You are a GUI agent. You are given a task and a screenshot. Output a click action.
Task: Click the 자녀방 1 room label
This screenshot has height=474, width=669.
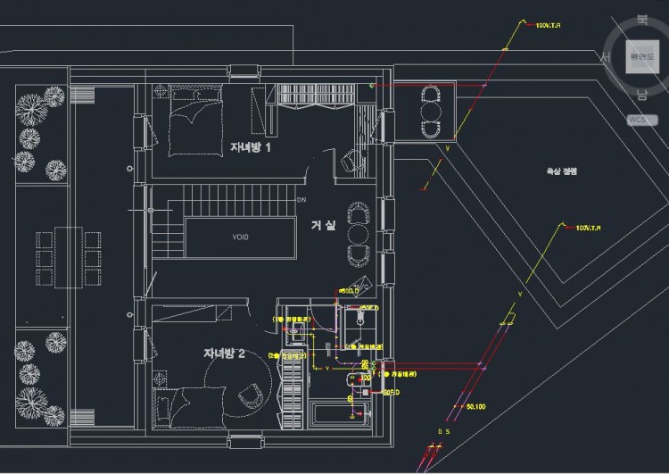(250, 147)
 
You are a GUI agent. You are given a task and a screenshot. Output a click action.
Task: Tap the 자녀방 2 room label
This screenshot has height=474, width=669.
(230, 353)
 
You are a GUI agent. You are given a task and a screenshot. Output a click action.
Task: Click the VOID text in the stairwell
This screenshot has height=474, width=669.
(240, 237)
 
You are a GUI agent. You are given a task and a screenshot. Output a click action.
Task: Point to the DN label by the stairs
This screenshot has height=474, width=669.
(301, 200)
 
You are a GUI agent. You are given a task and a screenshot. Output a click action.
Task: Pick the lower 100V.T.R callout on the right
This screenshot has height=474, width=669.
(590, 229)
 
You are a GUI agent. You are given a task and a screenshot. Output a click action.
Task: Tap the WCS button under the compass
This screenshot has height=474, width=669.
(637, 119)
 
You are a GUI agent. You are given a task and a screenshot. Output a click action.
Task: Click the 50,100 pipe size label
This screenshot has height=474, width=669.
(477, 407)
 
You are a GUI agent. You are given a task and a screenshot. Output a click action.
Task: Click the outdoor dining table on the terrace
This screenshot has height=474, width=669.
(69, 256)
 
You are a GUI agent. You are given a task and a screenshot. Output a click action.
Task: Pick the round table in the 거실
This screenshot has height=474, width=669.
(358, 234)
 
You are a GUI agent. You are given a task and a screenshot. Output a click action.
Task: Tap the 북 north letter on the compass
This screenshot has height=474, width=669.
(641, 21)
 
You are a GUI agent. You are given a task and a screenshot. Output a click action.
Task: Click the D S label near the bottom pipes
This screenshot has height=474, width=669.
(443, 433)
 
